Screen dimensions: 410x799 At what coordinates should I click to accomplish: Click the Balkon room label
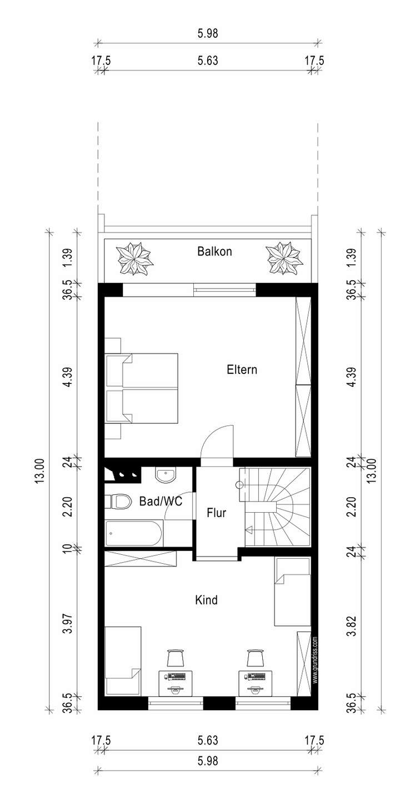(x=214, y=251)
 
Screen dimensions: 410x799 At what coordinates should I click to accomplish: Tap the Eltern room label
(x=242, y=370)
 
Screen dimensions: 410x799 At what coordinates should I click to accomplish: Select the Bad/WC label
(x=161, y=502)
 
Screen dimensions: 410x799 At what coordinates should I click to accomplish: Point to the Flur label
(x=217, y=513)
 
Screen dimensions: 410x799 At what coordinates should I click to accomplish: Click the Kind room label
(x=206, y=600)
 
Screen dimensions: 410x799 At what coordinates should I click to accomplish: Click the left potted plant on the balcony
(x=134, y=259)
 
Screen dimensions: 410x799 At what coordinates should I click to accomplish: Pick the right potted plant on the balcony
(x=284, y=259)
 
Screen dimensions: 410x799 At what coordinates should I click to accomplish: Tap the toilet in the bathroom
(x=116, y=502)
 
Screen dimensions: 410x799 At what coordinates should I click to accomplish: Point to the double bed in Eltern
(x=142, y=388)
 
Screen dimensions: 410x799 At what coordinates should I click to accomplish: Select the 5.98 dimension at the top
(x=208, y=33)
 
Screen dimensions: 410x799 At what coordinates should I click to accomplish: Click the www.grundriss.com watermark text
(x=315, y=660)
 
